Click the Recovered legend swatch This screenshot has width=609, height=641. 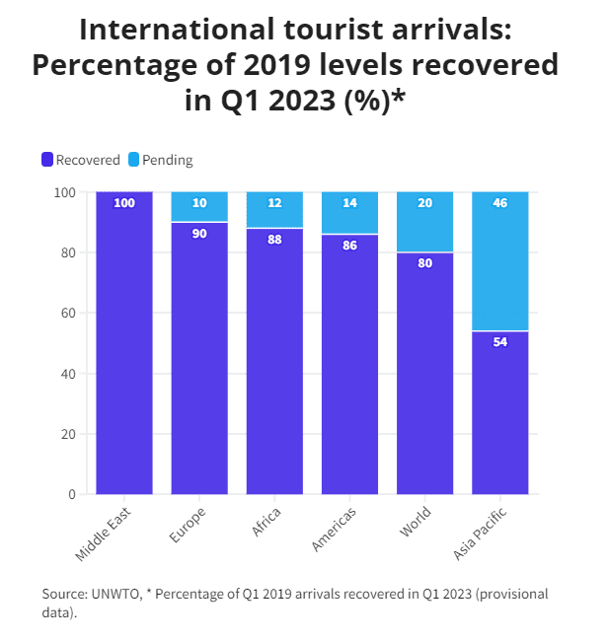tap(46, 160)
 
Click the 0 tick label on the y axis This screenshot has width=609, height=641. tap(72, 494)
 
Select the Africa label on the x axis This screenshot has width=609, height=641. tap(266, 520)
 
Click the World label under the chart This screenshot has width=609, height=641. tap(415, 522)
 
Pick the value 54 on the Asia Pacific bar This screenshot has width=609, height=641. tap(500, 342)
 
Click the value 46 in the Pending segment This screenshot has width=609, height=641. tap(500, 203)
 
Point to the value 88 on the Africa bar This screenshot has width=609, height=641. tap(274, 239)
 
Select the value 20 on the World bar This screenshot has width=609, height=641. tap(425, 203)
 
